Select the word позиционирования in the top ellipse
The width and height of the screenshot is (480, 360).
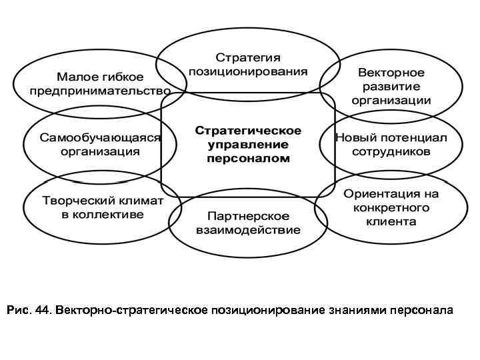point(247,71)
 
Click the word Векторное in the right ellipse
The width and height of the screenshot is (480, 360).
point(391,72)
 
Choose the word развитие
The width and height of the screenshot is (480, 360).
point(391,86)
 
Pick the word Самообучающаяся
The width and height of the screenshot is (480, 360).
point(101,138)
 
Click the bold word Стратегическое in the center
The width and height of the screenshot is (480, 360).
point(247,130)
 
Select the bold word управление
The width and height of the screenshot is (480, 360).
point(247,144)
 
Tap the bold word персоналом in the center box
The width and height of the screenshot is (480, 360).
point(247,159)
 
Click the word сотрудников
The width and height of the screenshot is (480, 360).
point(391,151)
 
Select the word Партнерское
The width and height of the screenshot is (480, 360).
point(248,217)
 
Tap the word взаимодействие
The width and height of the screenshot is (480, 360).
point(248,231)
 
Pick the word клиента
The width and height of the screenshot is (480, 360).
point(391,221)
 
